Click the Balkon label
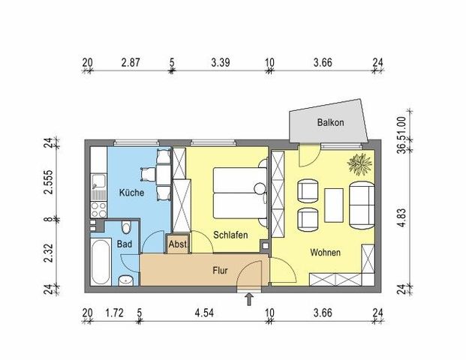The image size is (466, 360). [330, 122]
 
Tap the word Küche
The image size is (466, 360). [132, 193]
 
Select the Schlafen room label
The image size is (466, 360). [230, 235]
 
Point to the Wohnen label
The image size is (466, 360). [325, 253]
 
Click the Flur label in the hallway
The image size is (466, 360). [220, 270]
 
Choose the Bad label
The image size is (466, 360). [125, 244]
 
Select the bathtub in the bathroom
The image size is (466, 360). [101, 262]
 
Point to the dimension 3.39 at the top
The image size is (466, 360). [220, 63]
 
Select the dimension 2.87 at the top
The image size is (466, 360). [131, 63]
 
